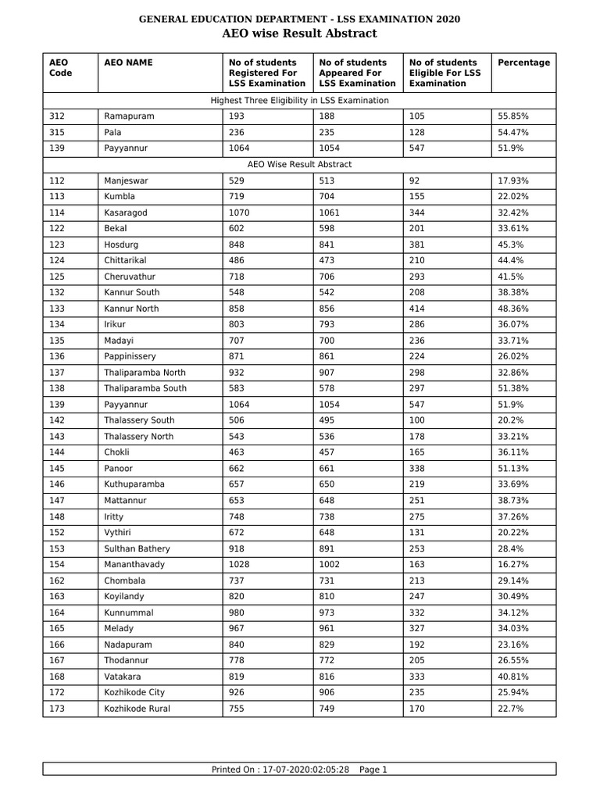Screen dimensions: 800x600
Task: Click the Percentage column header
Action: coord(523,62)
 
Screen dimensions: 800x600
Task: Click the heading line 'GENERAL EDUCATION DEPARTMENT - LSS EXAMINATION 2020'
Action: coord(299,19)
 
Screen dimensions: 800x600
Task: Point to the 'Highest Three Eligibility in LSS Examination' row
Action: coord(299,100)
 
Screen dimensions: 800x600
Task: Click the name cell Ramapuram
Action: coord(129,116)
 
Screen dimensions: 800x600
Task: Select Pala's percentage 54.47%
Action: coord(513,132)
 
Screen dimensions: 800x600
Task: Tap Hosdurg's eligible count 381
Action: coord(417,245)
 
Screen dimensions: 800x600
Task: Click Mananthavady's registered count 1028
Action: coord(239,564)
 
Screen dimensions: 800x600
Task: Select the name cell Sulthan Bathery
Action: coord(137,548)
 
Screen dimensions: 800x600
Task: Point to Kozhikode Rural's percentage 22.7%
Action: coord(511,709)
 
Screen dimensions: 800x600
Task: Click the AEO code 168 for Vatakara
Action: coord(57,677)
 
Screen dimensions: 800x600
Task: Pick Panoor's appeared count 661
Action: coord(327,469)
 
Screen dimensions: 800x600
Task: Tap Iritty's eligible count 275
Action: coord(417,516)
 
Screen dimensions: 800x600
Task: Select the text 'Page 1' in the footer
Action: coord(373,770)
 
